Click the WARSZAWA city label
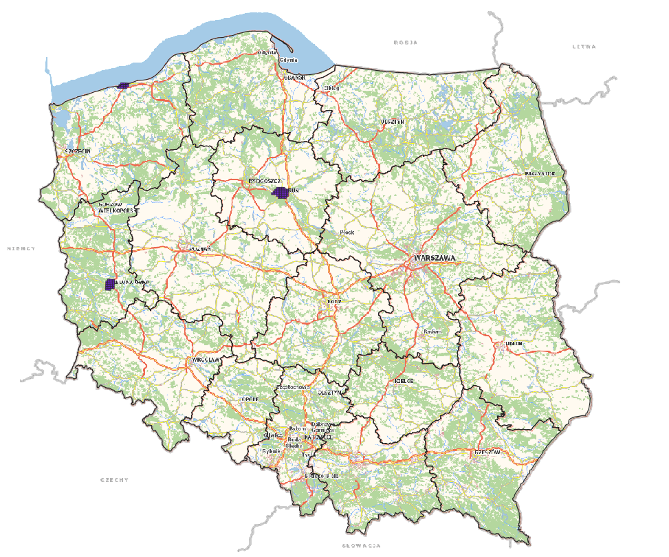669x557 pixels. [x=434, y=258]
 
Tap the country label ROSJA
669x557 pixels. [x=406, y=43]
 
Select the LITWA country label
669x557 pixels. [x=584, y=47]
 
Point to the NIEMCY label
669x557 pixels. [x=21, y=248]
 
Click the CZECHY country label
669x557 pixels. [x=114, y=479]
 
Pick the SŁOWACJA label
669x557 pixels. [x=361, y=545]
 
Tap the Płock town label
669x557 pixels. [x=349, y=232]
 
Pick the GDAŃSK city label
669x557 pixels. [x=294, y=78]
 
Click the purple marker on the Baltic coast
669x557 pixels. [x=123, y=85]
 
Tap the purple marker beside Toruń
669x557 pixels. [x=281, y=193]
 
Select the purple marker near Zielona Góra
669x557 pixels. [x=109, y=284]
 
